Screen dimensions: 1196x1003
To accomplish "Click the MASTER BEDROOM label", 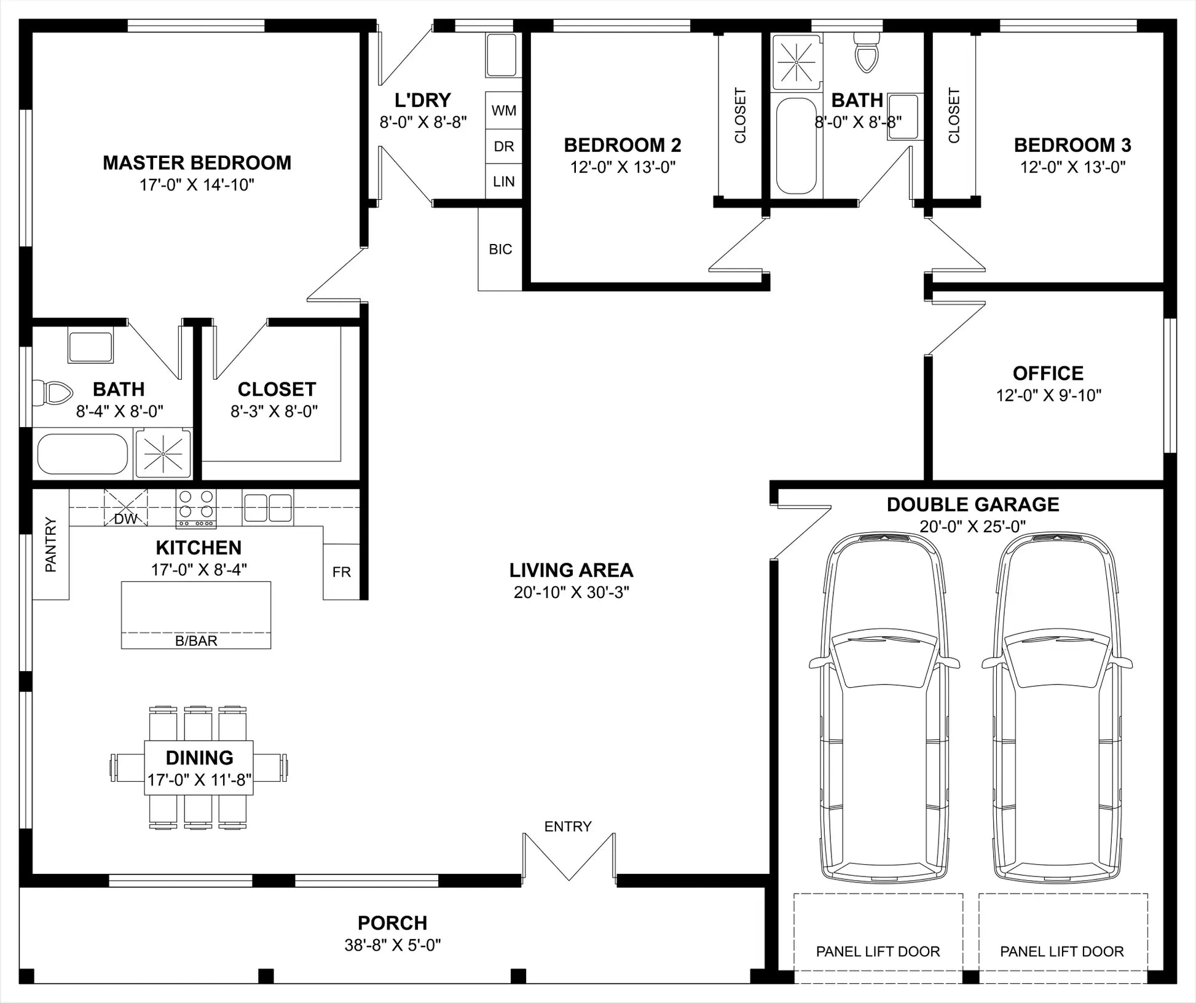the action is point(197,163).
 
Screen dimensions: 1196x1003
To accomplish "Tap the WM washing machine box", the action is point(503,111).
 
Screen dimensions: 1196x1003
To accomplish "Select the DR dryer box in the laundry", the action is point(503,146).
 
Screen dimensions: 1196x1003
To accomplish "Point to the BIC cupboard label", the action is point(500,249).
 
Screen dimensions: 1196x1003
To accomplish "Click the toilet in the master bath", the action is point(52,393).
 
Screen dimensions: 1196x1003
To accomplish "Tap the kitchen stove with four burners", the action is point(196,508).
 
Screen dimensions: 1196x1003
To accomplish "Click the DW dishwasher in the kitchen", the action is point(125,508).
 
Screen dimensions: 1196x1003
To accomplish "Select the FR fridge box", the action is point(341,572).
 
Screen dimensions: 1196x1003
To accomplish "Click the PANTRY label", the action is point(51,545).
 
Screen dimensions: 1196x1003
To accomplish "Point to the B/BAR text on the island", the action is point(196,640).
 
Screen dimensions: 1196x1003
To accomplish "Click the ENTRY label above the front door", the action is point(568,827).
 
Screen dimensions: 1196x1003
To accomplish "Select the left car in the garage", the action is point(884,707).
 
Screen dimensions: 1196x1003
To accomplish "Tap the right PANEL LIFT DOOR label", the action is point(1062,951).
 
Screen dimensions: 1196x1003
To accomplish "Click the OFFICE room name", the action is point(1048,373).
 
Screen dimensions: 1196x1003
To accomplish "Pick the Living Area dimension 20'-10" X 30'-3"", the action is point(572,592).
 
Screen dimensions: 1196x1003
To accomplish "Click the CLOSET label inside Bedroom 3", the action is point(954,116).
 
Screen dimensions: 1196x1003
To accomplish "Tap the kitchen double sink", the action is point(268,508).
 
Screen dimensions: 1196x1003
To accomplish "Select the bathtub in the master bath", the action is point(82,454).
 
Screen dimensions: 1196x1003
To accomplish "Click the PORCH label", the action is point(392,923).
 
